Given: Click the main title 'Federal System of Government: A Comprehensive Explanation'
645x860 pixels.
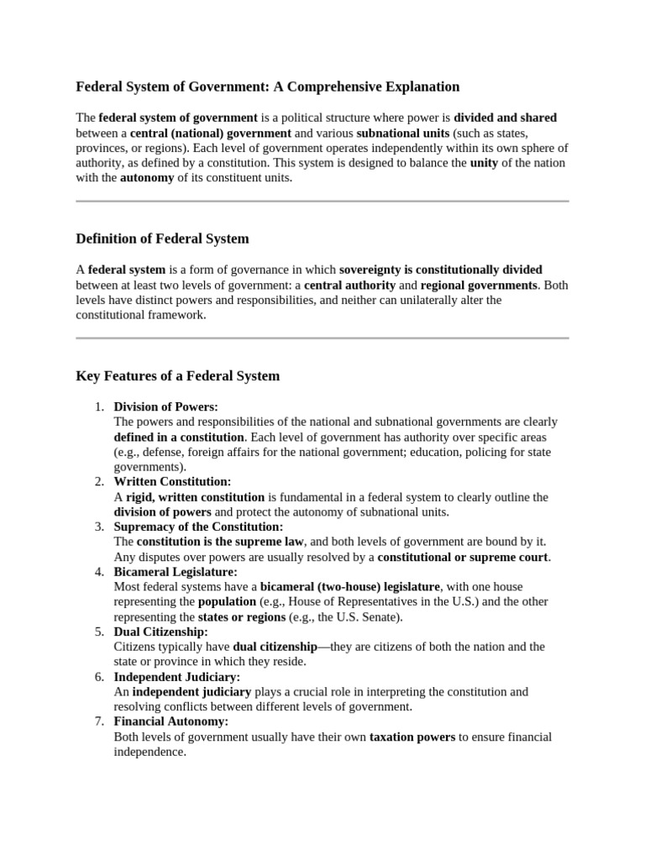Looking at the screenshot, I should [x=268, y=87].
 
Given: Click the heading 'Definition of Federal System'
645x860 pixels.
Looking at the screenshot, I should [x=162, y=239].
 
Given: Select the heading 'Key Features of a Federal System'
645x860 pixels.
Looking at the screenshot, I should [x=178, y=376].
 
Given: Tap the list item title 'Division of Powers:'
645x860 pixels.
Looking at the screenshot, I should [x=165, y=406].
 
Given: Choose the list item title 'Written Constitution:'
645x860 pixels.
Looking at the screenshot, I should [x=172, y=481].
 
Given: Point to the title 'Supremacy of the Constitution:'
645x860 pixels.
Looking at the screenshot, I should [x=199, y=527].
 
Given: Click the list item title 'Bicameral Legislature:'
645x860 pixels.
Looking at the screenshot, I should [x=176, y=571].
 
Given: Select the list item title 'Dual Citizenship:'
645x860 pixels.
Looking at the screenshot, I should [x=160, y=632].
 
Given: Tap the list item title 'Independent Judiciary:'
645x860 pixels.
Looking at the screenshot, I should [x=176, y=676].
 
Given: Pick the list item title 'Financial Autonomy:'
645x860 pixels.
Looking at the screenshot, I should [x=170, y=721].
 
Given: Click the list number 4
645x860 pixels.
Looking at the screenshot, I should [x=99, y=571].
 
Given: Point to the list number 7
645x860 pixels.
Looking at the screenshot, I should [x=99, y=721].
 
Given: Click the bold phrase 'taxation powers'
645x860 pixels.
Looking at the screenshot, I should [x=412, y=737].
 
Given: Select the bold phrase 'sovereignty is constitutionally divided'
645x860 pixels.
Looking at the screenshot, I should [x=440, y=270].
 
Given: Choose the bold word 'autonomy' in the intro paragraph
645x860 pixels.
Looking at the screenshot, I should [x=147, y=178].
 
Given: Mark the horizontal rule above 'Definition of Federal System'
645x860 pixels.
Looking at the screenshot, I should [x=322, y=202].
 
